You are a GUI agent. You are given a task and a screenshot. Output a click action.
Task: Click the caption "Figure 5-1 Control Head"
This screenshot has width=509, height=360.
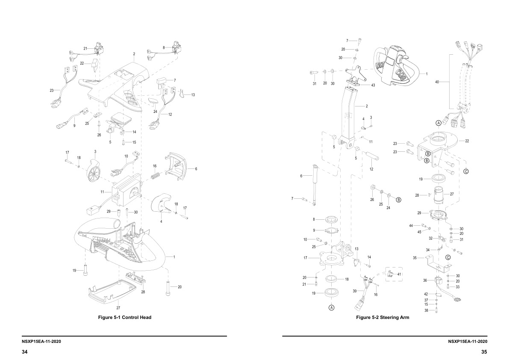click(125, 317)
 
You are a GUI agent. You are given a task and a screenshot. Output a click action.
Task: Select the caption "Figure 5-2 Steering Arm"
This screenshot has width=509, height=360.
click(382, 317)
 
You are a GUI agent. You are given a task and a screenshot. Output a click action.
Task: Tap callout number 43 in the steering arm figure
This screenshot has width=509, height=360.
click(373, 85)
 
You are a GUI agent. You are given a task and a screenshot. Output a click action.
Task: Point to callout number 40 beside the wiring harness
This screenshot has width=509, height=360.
click(436, 81)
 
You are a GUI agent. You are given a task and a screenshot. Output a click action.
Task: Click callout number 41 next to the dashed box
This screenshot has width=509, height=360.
click(400, 274)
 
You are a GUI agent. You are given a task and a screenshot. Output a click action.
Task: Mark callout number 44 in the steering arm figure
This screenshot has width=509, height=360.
click(411, 225)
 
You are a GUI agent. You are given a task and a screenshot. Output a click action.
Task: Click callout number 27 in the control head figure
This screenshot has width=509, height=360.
click(118, 307)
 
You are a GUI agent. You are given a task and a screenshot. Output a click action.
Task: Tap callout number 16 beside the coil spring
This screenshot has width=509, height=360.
click(155, 166)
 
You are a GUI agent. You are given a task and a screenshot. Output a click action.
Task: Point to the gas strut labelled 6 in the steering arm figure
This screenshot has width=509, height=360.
click(315, 182)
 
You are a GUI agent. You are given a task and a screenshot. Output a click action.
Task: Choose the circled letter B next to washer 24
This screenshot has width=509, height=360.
click(398, 200)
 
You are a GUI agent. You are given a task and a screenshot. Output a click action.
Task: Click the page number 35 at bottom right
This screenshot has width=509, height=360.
click(484, 352)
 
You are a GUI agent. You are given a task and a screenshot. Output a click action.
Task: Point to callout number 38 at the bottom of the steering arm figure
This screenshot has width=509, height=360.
click(425, 310)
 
